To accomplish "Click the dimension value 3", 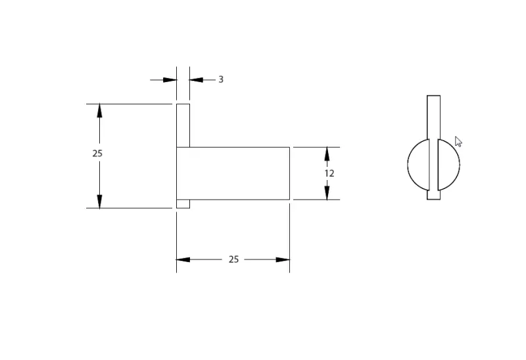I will [221, 79].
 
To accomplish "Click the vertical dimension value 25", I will [97, 153].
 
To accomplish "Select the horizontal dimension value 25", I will [233, 259].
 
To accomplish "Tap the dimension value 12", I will [329, 173].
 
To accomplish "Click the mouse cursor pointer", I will [458, 141].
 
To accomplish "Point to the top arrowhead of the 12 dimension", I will [327, 154].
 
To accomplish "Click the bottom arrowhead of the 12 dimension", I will [327, 193].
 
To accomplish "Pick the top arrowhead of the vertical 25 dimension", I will [100, 110].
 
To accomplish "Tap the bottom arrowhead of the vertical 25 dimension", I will [100, 202].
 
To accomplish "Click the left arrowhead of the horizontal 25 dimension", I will [183, 259].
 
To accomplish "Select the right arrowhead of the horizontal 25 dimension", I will [283, 259].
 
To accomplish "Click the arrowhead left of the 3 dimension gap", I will [170, 79].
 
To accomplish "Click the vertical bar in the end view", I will [433, 118].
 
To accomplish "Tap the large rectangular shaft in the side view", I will [233, 173].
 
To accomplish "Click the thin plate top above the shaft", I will [183, 125].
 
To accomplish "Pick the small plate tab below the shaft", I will [183, 204].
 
